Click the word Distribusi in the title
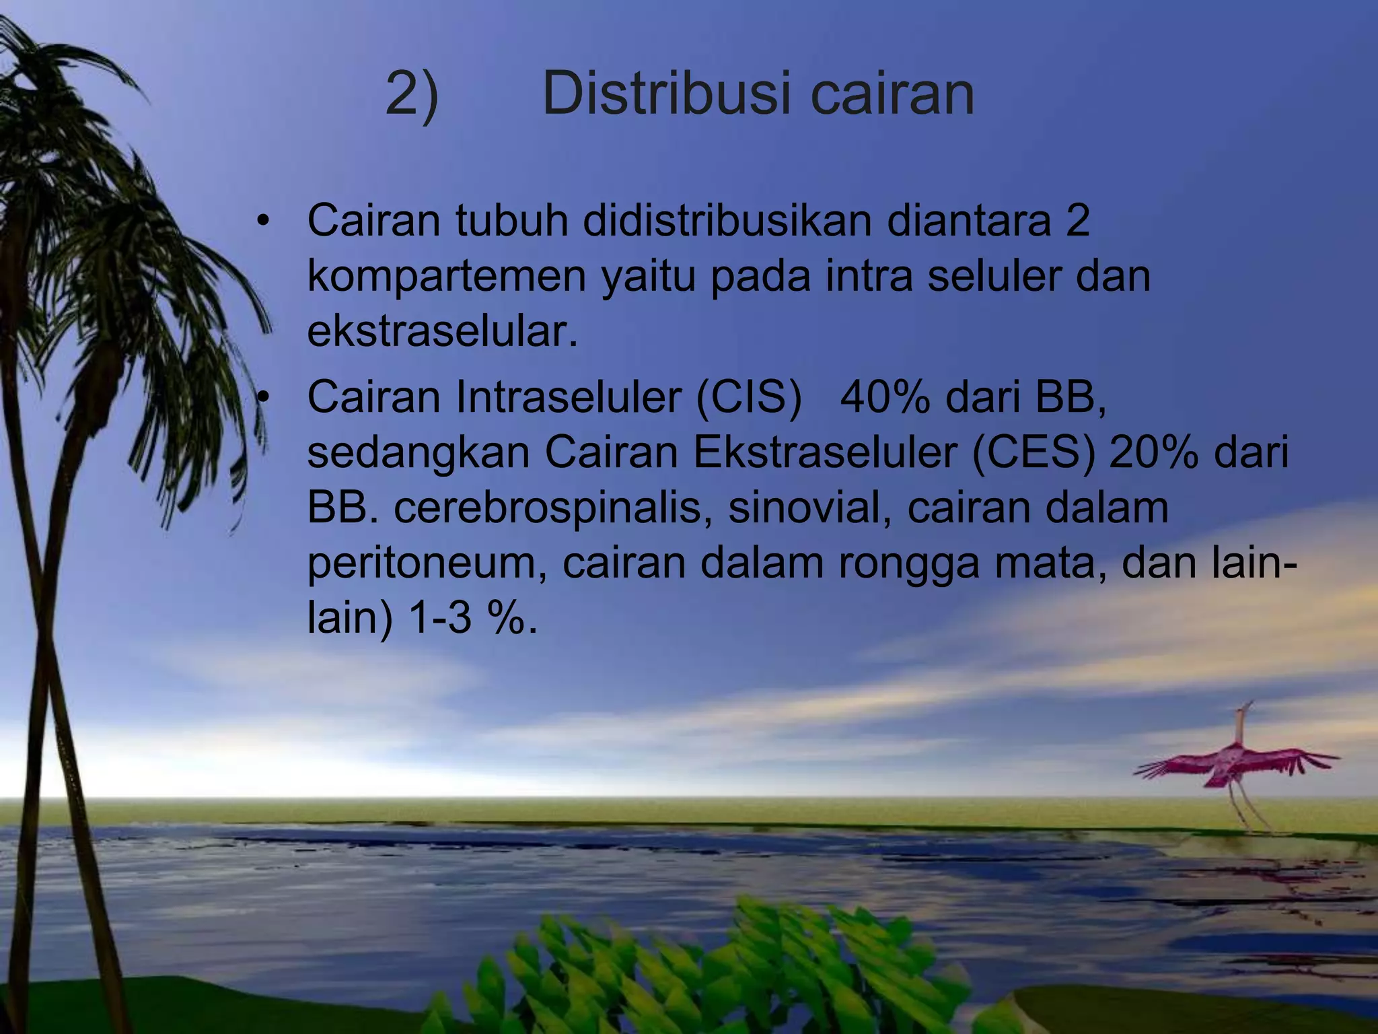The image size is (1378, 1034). (x=666, y=94)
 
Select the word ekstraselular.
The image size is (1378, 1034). (x=442, y=332)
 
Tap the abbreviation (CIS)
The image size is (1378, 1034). (x=749, y=397)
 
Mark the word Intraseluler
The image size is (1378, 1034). (x=569, y=397)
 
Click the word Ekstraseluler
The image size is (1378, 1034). (x=825, y=452)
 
